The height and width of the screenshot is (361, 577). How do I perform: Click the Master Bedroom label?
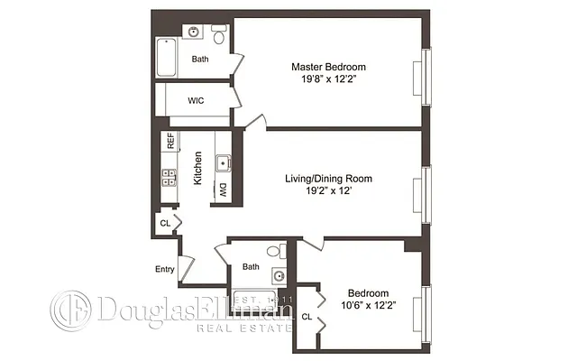[327, 67]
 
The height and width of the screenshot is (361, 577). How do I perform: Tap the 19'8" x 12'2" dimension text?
[327, 79]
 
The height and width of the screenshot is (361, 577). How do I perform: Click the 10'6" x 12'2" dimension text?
[368, 305]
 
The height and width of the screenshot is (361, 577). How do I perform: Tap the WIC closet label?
[196, 100]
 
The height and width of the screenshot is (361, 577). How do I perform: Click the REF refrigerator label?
[169, 142]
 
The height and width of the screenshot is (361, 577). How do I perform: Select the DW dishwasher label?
[222, 190]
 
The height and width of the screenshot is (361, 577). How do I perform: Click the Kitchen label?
[197, 169]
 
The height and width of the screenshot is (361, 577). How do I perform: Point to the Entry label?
[164, 269]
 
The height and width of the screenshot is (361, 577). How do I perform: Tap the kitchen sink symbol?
[222, 163]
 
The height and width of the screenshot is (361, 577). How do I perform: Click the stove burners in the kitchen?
[169, 176]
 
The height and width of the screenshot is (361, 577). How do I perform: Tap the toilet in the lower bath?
[281, 250]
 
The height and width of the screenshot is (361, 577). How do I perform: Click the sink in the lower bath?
[279, 275]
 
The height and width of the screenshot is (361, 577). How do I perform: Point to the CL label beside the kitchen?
[164, 223]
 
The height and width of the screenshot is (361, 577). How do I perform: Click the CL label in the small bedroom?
[307, 317]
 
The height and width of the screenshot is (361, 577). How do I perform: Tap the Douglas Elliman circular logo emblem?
[70, 311]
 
